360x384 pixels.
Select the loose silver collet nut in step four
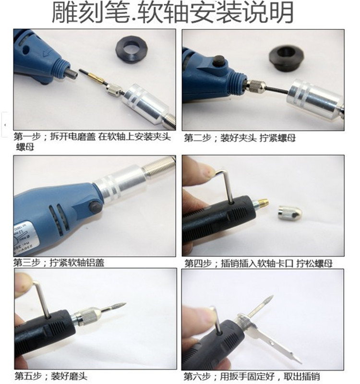click(289, 213)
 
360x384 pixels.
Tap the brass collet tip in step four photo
click(263, 203)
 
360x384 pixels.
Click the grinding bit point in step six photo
click(272, 296)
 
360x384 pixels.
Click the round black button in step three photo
click(95, 207)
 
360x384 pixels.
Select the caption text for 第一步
click(92, 141)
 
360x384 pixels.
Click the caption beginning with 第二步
click(240, 138)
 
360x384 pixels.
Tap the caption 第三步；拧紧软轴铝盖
click(59, 263)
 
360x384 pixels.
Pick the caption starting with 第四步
click(258, 263)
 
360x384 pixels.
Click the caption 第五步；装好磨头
click(51, 376)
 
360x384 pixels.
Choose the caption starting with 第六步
click(252, 376)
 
